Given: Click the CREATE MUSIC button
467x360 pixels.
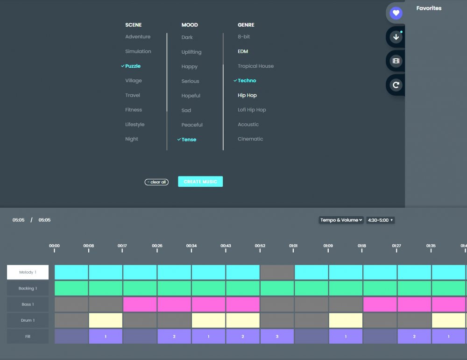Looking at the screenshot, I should tap(200, 182).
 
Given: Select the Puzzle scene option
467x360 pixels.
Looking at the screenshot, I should tap(133, 66).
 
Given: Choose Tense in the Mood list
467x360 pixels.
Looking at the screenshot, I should tap(189, 140).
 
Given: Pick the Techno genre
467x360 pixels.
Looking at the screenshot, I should tap(247, 81).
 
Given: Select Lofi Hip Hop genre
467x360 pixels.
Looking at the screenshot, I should tap(252, 110).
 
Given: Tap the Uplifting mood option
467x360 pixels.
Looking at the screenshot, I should tap(191, 52).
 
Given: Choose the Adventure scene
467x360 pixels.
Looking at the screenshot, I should tap(138, 37).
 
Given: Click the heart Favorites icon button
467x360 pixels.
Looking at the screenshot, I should tap(396, 13).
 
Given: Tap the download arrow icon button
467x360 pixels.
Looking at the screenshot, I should tap(396, 37).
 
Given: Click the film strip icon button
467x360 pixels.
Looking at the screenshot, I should tap(396, 61).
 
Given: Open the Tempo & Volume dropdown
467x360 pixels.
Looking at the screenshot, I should tap(341, 220).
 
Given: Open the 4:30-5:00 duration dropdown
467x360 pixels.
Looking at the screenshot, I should tap(380, 220).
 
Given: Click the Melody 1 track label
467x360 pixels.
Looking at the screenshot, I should tap(28, 272).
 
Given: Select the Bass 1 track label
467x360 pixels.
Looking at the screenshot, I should tap(28, 304).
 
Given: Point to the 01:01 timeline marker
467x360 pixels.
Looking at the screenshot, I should tap(293, 247).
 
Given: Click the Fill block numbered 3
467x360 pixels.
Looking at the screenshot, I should tap(277, 336).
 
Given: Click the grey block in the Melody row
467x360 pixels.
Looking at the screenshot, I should tap(277, 272).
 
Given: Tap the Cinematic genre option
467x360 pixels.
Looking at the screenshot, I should tap(250, 139).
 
